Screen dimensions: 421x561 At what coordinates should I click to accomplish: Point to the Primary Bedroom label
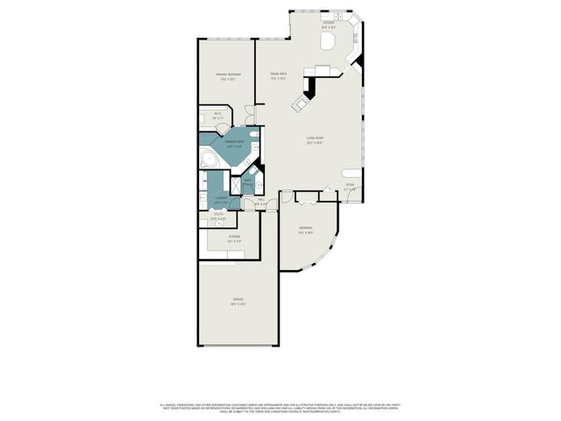click(x=228, y=76)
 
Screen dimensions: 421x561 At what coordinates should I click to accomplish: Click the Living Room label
click(x=315, y=143)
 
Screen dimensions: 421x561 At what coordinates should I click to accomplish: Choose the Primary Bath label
click(x=234, y=145)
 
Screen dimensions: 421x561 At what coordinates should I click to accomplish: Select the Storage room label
click(x=234, y=238)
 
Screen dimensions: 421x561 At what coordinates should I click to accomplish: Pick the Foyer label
click(x=350, y=185)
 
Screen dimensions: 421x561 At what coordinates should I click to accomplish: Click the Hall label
click(x=261, y=203)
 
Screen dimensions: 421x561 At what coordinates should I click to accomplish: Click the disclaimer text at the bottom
click(x=280, y=407)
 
